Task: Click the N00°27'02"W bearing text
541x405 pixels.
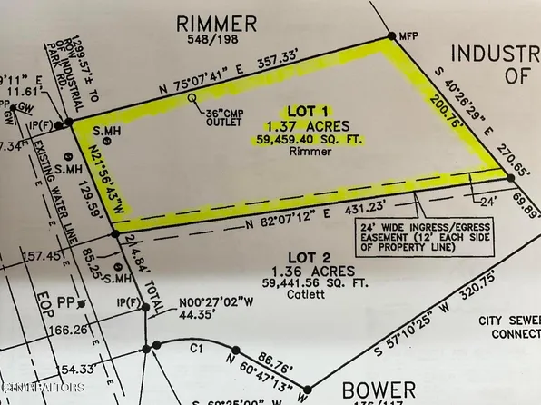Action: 192,303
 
